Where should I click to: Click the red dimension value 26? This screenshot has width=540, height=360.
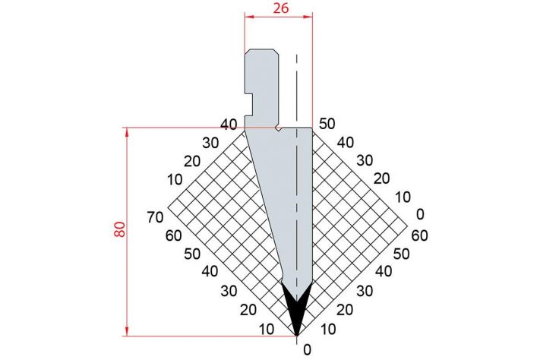point(281,8)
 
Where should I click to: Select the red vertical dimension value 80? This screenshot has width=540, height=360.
point(120,229)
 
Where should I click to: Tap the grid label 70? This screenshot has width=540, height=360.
point(155,217)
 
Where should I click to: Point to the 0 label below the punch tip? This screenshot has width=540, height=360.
point(307,350)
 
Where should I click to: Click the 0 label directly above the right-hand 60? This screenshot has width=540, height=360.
point(420,214)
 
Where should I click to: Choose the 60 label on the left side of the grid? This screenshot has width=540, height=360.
point(174,236)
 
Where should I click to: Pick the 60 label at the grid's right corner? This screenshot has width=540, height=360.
point(419,235)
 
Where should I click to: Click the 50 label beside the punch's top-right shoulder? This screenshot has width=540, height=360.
point(327,124)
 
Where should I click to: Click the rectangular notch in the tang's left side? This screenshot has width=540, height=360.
point(249,104)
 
